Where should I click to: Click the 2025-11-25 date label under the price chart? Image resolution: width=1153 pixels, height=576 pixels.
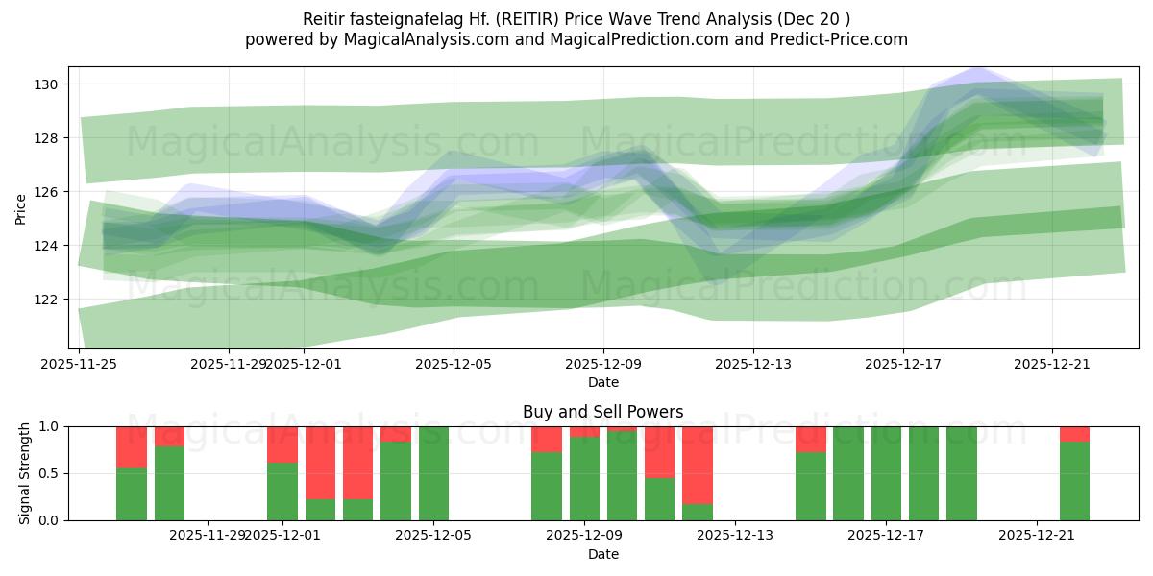79,364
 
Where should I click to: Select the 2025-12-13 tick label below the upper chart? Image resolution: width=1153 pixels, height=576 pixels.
753,364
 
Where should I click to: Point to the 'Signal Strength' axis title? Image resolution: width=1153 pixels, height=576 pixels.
25,473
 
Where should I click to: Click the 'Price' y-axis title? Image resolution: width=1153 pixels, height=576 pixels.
21,208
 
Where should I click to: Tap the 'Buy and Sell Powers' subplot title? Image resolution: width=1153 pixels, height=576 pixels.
602,412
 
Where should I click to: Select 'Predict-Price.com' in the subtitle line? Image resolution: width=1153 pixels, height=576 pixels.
832,39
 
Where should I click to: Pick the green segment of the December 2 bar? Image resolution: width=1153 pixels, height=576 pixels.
320,510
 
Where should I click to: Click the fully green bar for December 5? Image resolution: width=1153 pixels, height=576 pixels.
433,473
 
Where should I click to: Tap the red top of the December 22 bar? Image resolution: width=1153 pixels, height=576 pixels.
1074,434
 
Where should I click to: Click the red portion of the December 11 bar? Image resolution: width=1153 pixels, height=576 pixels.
659,452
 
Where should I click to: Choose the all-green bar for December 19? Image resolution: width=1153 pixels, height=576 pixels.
961,473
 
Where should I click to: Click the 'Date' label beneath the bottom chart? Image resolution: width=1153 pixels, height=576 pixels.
602,554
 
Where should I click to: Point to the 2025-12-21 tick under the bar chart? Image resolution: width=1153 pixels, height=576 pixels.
1037,535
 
